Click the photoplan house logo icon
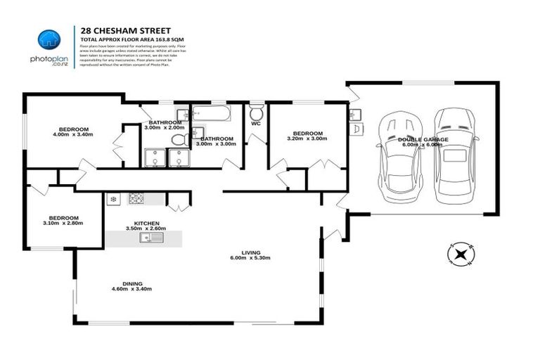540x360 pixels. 48,40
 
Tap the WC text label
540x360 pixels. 256,127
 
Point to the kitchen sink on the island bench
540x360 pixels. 150,238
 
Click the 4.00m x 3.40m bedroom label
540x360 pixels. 73,131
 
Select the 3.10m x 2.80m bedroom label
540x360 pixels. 63,220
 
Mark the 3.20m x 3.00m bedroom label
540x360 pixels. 308,136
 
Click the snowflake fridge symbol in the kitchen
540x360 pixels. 112,200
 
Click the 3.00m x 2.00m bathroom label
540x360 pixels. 164,124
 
